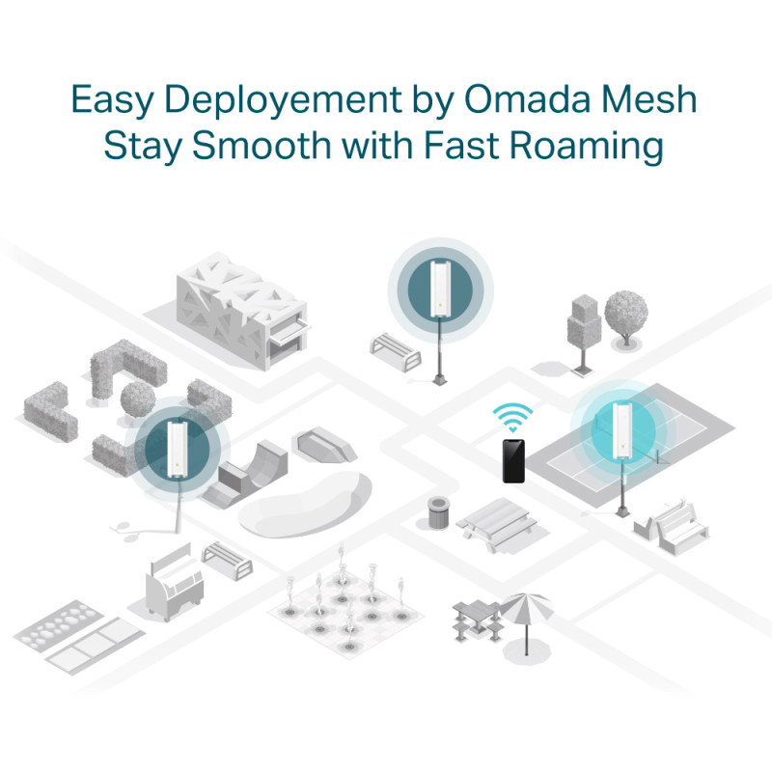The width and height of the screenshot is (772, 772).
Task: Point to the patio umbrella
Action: (527, 608)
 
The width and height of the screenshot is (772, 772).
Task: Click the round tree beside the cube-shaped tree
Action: (626, 311)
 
